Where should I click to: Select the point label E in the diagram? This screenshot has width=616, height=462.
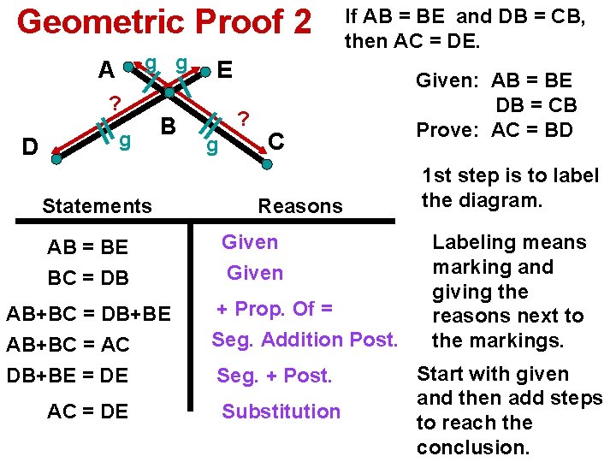coord(224,69)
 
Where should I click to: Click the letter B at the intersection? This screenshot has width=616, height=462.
coord(169,127)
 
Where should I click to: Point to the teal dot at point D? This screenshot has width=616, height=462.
coord(56,158)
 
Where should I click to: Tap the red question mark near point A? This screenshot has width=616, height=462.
coord(114,104)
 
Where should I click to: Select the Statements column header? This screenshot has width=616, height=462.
coord(97,205)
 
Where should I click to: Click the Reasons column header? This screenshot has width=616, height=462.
coord(299,205)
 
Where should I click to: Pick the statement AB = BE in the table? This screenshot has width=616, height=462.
coord(87,247)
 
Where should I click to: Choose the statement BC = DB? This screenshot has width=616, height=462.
coord(87,278)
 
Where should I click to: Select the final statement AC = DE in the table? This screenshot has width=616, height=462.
coord(87,412)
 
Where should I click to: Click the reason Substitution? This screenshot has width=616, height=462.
coord(281,412)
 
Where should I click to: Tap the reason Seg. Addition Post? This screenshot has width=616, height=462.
coord(305,340)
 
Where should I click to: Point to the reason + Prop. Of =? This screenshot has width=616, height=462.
coord(274,308)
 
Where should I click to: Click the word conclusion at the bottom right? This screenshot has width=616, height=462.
coord(473,447)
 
